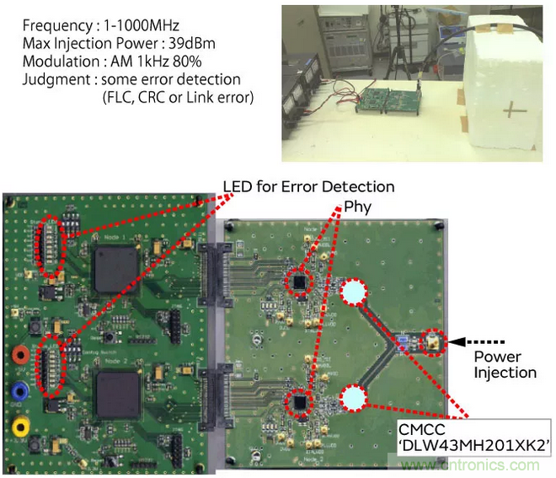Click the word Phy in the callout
point(356,206)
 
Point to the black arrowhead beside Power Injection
point(456,341)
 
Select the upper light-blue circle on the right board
point(354,293)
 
